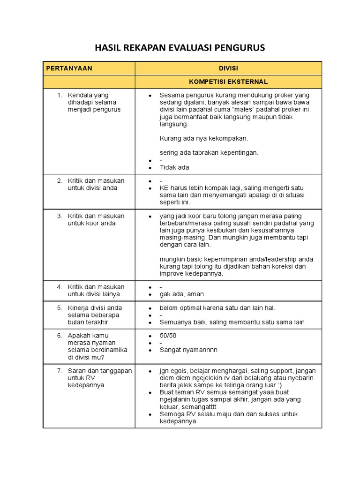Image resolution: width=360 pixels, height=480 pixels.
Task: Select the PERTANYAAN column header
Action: tap(69, 68)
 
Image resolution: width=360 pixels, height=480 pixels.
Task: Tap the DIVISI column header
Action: tap(228, 68)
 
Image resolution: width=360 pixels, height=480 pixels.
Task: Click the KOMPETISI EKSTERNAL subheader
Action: tap(228, 82)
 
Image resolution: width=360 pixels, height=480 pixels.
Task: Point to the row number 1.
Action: tap(60, 95)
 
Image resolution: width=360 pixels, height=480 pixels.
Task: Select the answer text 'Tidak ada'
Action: tap(174, 167)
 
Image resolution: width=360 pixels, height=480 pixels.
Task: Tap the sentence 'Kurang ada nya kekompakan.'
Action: tap(203, 138)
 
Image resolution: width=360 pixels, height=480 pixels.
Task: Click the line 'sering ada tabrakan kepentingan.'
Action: tap(209, 153)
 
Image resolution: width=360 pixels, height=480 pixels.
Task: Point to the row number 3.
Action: tap(60, 216)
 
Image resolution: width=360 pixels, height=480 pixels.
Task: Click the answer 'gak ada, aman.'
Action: tap(182, 294)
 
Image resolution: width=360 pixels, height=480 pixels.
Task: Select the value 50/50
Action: tap(168, 336)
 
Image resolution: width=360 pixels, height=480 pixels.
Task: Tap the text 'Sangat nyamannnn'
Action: tap(188, 350)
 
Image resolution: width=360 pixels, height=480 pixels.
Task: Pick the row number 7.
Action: tap(60, 371)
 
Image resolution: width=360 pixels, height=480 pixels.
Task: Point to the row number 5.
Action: tap(60, 308)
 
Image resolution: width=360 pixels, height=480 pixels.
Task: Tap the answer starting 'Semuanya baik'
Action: tap(232, 322)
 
